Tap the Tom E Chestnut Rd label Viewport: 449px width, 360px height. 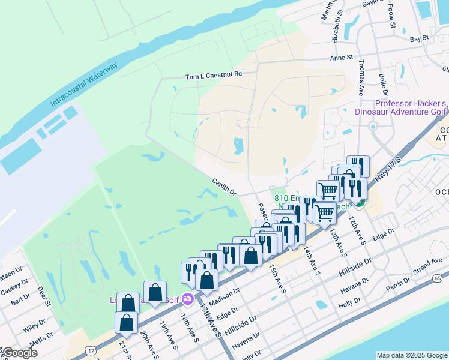(x=213, y=76)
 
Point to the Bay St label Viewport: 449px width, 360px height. (x=419, y=38)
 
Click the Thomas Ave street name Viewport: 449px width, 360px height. (x=361, y=77)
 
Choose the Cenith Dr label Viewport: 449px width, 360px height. (x=224, y=186)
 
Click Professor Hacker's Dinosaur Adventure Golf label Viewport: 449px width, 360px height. (x=401, y=107)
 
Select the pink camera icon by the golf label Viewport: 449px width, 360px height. (x=188, y=299)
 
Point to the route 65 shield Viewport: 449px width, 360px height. (x=437, y=278)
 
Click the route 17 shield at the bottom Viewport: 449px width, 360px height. (x=90, y=349)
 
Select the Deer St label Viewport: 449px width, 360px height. (x=44, y=296)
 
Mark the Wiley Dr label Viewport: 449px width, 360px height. (x=34, y=326)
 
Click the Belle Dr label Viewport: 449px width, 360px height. (x=383, y=83)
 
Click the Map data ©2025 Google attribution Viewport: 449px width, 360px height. (x=412, y=355)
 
